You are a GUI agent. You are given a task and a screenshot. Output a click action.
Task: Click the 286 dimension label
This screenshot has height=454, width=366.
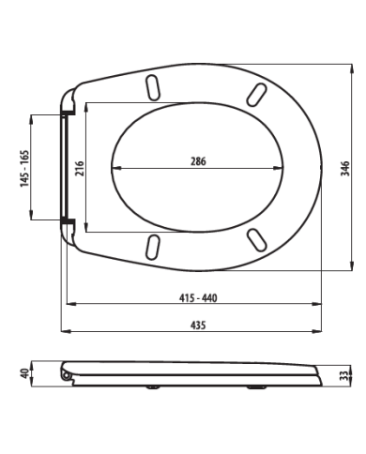click(198, 161)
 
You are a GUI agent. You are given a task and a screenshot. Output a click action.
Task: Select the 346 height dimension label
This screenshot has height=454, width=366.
click(345, 169)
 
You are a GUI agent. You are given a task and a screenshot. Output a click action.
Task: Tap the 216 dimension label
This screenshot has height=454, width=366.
click(80, 168)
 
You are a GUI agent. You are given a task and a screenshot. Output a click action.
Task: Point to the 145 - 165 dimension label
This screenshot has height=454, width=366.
click(24, 169)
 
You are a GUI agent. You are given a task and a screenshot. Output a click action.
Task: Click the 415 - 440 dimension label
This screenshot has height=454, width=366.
click(198, 298)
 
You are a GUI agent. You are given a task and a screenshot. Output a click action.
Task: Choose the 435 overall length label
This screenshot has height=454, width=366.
click(198, 325)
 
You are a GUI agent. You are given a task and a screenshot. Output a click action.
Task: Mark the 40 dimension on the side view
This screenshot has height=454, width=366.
click(24, 373)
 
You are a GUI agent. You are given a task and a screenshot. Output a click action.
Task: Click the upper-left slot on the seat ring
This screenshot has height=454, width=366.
click(153, 87)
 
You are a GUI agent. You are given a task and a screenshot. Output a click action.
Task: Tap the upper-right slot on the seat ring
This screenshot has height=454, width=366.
click(257, 95)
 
